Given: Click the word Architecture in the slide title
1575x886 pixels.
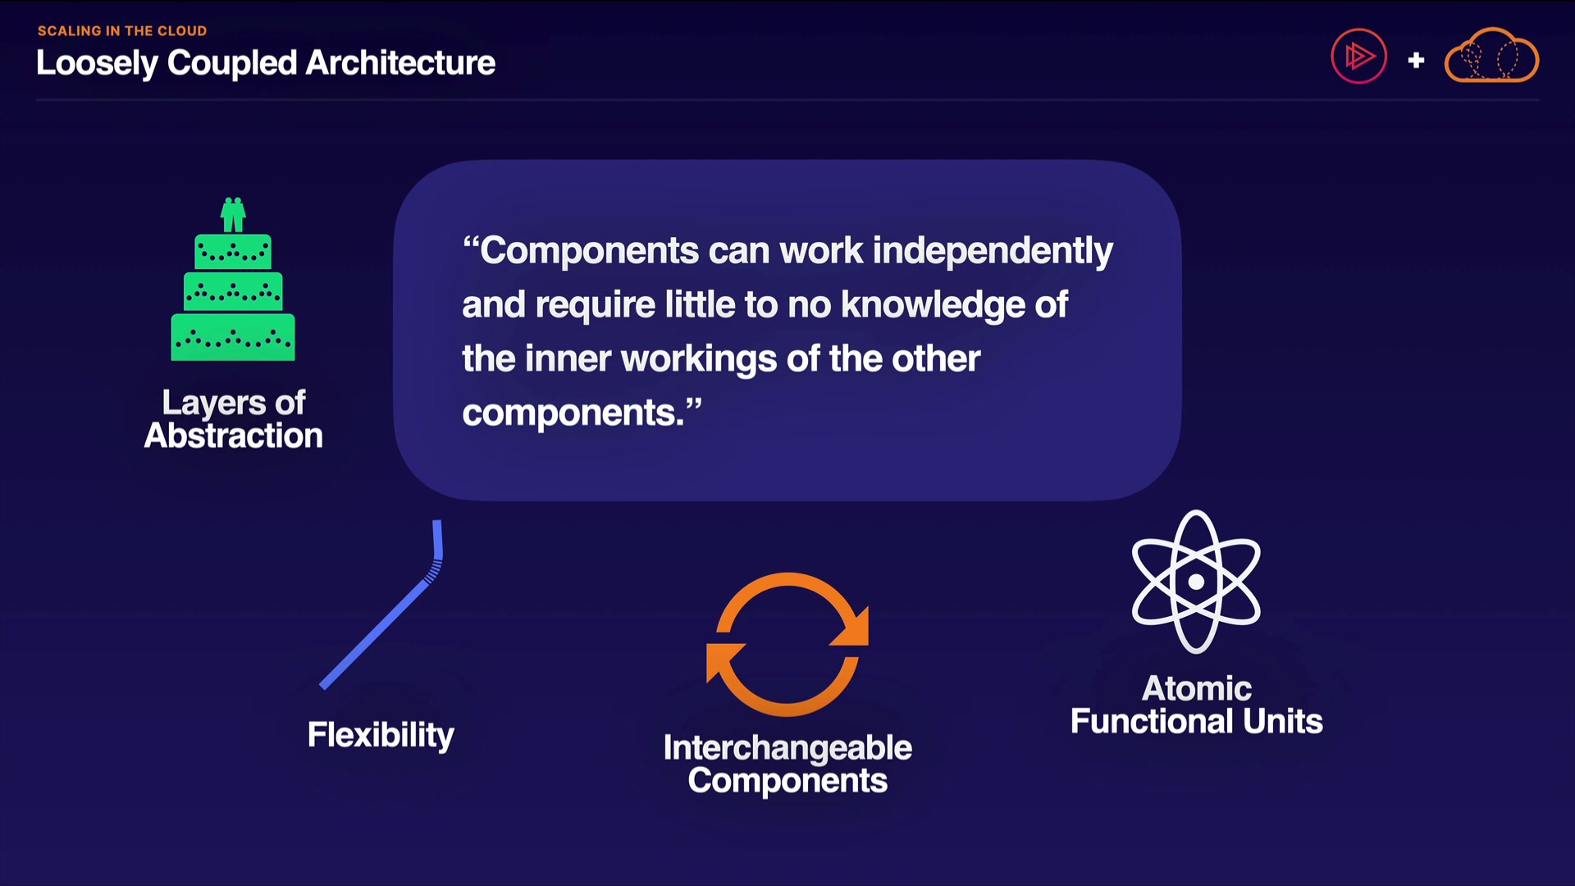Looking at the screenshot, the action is (400, 63).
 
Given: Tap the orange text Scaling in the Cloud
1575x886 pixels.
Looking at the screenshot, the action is (122, 31).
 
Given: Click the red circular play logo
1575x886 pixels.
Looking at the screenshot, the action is (1358, 56).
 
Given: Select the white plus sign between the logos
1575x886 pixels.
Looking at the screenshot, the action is (1416, 60).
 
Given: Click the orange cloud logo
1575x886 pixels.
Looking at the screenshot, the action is (1491, 56).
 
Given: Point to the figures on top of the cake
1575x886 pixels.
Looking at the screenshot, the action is (233, 215).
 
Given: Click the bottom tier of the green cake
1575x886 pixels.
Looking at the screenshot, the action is (233, 337).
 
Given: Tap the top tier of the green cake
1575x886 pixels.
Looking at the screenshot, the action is (233, 252).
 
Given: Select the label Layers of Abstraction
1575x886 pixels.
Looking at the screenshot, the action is (234, 418).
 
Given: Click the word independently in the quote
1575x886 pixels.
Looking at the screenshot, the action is (993, 251).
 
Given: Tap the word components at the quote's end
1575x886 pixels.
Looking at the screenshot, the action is (573, 413).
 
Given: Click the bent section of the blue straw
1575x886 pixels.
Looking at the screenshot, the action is (435, 568).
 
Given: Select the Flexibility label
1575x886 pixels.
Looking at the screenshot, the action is (381, 735).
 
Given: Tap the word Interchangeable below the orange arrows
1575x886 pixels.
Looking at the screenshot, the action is (787, 747).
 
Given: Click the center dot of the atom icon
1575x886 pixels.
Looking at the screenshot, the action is (1196, 582).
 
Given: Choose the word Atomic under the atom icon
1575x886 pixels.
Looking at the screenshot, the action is (1197, 688).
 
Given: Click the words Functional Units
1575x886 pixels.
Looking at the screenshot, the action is (1197, 721).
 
